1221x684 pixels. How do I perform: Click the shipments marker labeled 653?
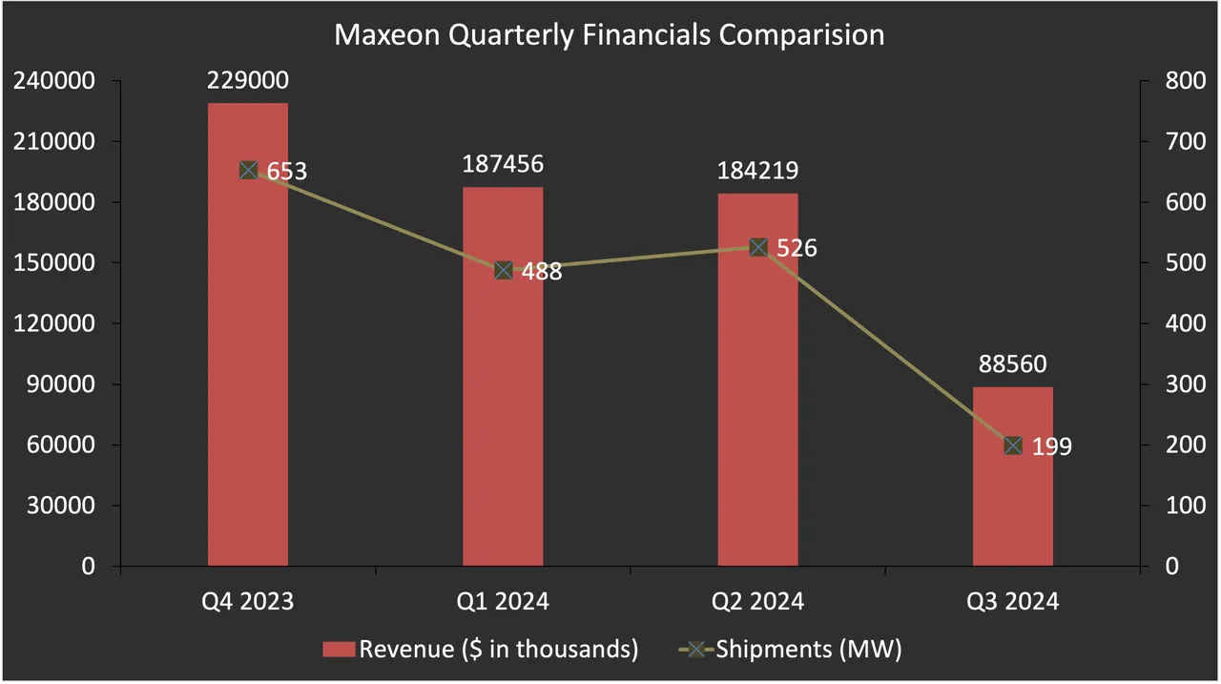pyautogui.click(x=248, y=171)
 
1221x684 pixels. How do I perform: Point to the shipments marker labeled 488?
pyautogui.click(x=504, y=270)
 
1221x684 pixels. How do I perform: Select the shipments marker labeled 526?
pyautogui.click(x=758, y=247)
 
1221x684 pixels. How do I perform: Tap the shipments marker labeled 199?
pyautogui.click(x=1013, y=446)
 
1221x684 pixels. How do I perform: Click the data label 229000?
pyautogui.click(x=248, y=81)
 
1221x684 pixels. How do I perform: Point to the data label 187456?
pyautogui.click(x=503, y=164)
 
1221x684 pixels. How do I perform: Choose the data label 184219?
pyautogui.click(x=758, y=171)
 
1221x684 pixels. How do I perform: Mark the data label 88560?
pyautogui.click(x=1013, y=364)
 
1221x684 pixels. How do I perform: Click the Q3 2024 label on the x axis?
pyautogui.click(x=1013, y=602)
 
